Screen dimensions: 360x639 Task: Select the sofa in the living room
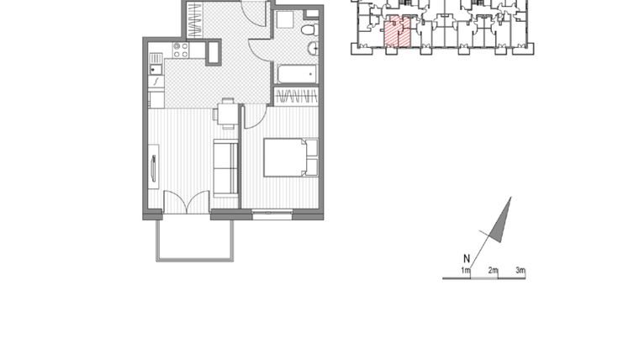click(x=225, y=167)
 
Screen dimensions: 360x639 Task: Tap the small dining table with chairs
click(x=228, y=113)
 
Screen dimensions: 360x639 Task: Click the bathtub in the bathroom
click(x=295, y=74)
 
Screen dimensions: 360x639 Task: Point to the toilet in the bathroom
click(x=309, y=31)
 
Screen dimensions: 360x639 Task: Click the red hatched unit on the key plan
click(x=398, y=32)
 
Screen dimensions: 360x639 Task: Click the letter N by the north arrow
click(x=466, y=259)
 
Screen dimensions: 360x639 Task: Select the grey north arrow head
click(x=502, y=220)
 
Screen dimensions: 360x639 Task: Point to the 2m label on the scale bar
click(x=493, y=270)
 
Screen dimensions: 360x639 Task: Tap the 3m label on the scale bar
click(x=520, y=270)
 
